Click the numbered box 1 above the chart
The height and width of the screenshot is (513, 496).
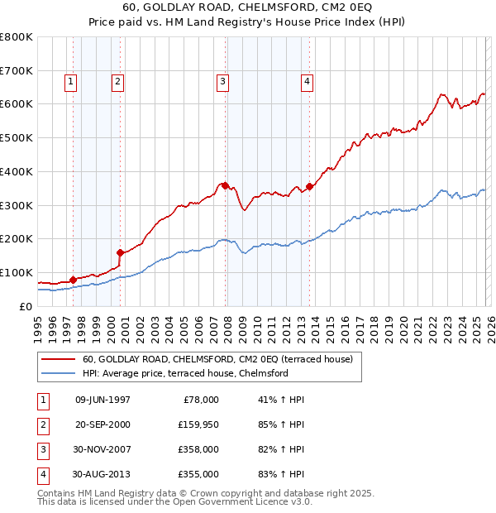coord(71,81)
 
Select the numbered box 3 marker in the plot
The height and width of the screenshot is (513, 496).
coord(223,81)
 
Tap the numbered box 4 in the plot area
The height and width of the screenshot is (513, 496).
coord(307,81)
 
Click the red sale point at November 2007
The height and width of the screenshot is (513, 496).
coord(225,185)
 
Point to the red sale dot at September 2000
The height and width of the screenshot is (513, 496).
coord(120,252)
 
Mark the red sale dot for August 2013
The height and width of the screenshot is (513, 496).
coord(309,186)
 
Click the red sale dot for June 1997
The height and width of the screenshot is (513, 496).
coord(73,280)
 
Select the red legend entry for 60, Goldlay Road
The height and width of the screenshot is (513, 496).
coord(217,359)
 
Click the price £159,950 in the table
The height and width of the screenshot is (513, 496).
coord(198,425)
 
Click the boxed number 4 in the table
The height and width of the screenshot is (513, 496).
coord(42,475)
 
